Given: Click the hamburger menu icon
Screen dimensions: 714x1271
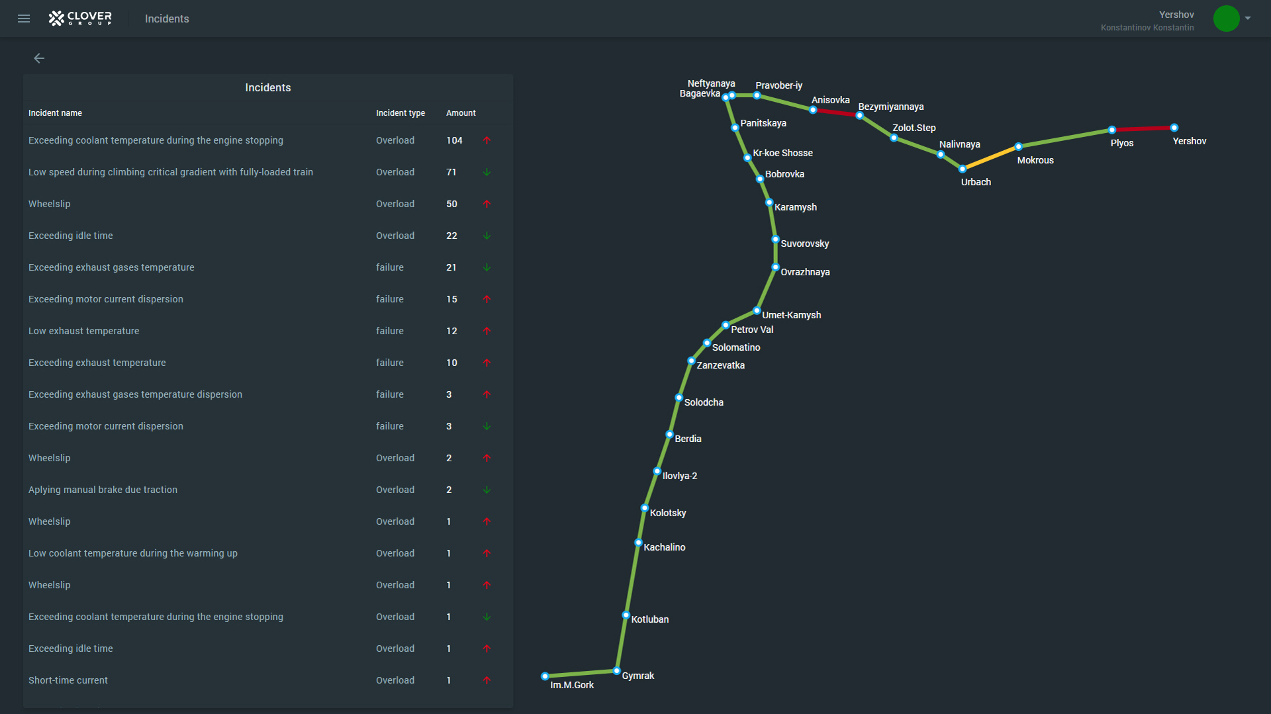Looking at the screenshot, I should point(24,19).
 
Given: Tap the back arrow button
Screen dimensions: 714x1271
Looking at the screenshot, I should point(39,58).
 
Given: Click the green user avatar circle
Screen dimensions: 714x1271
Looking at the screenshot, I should point(1226,19).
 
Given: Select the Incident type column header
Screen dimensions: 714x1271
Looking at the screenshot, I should point(400,113).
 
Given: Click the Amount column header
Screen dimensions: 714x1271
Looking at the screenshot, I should point(461,113).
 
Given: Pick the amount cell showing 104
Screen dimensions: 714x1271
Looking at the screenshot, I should point(454,140).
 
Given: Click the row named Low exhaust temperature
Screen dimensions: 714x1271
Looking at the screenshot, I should point(84,331).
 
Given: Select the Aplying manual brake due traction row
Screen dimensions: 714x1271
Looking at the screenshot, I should point(103,490).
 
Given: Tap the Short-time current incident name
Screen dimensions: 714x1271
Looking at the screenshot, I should point(68,680).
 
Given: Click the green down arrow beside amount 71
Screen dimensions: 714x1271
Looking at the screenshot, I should point(487,172).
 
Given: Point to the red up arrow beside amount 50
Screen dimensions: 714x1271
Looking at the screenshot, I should point(487,204).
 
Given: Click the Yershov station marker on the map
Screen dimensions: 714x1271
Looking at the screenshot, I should point(1174,128).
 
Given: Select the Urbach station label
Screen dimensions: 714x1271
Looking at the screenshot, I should point(976,182).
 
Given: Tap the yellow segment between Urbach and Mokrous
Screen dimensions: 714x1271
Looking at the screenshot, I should point(990,157).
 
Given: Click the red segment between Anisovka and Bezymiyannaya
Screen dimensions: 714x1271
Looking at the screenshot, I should point(836,112).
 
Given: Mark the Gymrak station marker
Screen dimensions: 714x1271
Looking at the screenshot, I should point(616,671).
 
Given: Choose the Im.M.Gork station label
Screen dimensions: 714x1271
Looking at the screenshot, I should point(572,685).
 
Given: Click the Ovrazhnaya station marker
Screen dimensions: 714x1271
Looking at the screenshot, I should point(775,267).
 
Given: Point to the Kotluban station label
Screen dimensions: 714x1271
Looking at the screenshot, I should point(649,619).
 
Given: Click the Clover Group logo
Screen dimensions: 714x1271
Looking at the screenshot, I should point(80,19).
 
